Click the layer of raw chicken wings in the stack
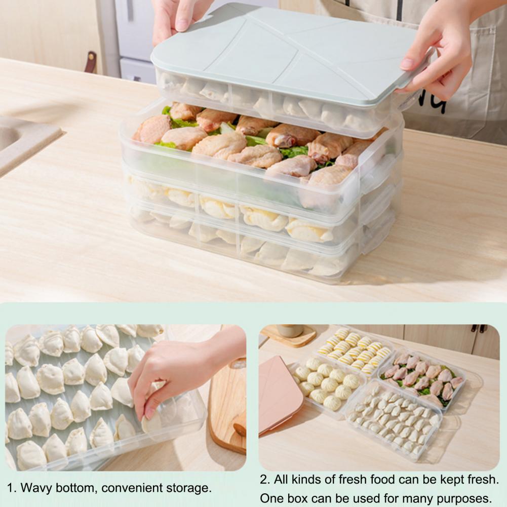(259, 152)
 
